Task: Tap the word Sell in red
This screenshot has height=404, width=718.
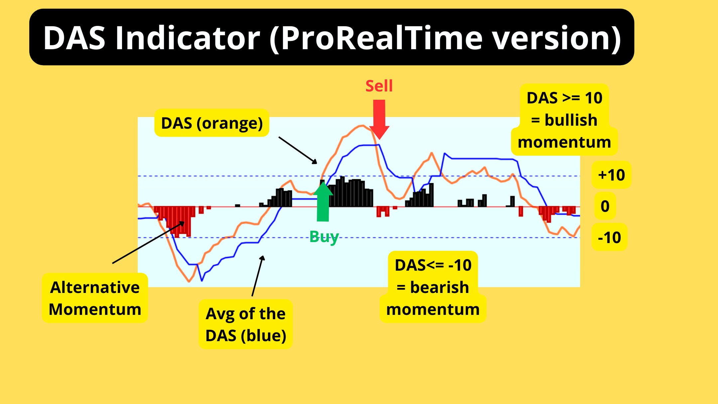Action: coord(379,86)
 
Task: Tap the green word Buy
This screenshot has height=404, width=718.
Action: coord(324,237)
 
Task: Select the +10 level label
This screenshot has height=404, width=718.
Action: coord(611,175)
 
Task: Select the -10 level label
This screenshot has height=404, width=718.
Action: coord(609,237)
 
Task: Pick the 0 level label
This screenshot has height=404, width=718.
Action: coord(605,206)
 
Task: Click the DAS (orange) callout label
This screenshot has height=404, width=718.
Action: coord(212,123)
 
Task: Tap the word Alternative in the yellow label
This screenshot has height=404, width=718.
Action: coord(95,287)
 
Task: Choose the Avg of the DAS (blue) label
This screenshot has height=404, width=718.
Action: coord(246,324)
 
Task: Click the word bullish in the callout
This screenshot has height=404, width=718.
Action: coord(571,120)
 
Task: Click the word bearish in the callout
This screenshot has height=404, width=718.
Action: coord(439,287)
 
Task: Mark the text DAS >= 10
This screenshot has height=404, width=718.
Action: coord(564,98)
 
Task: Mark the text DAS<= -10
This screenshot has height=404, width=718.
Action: coord(433,265)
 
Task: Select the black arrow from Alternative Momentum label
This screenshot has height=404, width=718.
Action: coord(148,243)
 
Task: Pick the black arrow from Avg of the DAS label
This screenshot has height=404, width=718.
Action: coord(258,276)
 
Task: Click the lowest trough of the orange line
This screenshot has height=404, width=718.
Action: coord(189,282)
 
